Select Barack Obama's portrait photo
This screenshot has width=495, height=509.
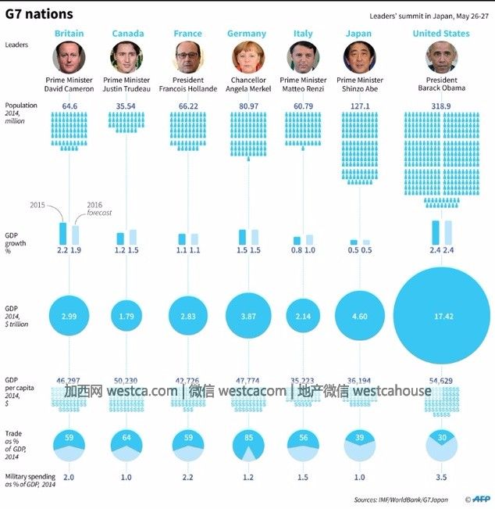point(441,57)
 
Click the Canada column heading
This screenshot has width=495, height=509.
point(127,34)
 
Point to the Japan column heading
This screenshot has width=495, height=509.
point(358,34)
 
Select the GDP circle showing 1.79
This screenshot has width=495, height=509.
point(127,316)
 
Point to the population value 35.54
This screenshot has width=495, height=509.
point(127,106)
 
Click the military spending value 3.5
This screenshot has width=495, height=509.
point(442,477)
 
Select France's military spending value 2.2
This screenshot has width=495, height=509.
point(187,477)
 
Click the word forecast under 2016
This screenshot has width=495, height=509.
point(99,213)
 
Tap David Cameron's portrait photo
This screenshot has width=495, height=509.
point(69,57)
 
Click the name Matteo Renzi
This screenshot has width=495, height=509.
point(303,89)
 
